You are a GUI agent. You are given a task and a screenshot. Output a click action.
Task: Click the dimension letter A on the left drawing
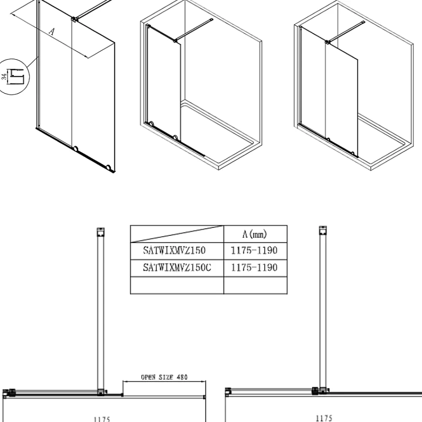pyautogui.click(x=52, y=32)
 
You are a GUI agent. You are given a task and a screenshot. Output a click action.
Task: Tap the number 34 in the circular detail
pyautogui.click(x=4, y=76)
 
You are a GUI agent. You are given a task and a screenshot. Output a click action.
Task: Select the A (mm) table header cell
pyautogui.click(x=255, y=234)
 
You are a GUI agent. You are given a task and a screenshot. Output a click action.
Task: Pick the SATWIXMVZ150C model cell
pyautogui.click(x=177, y=268)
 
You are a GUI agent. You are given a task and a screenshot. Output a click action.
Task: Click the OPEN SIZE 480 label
pyautogui.click(x=164, y=377)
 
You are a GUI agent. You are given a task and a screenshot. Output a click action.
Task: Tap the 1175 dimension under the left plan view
pyautogui.click(x=102, y=419)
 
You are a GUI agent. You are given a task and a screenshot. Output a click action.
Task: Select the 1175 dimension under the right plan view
pyautogui.click(x=324, y=418)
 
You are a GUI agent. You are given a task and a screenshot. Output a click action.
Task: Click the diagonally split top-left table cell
pyautogui.click(x=177, y=234)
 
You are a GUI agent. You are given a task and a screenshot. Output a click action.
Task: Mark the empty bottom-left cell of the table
pyautogui.click(x=177, y=285)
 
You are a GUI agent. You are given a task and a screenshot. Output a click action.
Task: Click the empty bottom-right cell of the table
pyautogui.click(x=255, y=285)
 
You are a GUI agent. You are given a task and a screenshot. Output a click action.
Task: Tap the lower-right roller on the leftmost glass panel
pyautogui.click(x=108, y=168)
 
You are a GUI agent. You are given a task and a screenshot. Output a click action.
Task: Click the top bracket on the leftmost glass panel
pyautogui.click(x=74, y=19)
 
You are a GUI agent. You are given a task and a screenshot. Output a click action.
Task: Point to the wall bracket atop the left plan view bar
pyautogui.click(x=101, y=232)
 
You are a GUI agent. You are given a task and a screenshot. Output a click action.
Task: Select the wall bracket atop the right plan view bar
pyautogui.click(x=323, y=230)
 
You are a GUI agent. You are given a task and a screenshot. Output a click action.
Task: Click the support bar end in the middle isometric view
pyautogui.click(x=211, y=20)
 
